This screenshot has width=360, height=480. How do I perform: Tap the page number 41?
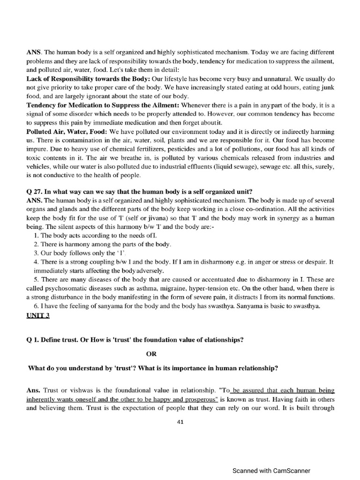click(x=180, y=421)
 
